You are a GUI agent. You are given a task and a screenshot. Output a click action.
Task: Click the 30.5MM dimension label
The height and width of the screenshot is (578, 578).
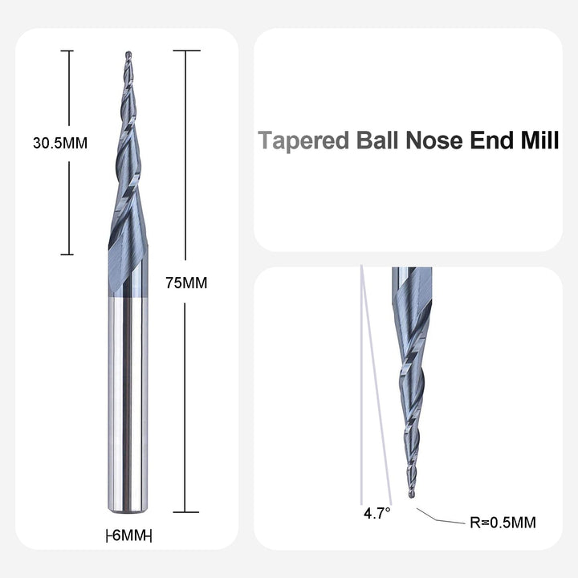coord(60,143)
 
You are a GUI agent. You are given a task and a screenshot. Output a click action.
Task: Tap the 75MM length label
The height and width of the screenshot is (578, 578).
coord(186,283)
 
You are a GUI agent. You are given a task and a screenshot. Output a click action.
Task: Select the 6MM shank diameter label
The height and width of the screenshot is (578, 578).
coord(128,535)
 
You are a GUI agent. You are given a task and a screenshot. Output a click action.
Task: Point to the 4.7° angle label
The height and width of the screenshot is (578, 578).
coord(377,514)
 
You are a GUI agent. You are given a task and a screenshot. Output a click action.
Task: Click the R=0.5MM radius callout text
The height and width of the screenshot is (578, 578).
coord(503,523)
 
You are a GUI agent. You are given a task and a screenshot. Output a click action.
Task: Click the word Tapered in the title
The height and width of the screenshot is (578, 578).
coord(303,140)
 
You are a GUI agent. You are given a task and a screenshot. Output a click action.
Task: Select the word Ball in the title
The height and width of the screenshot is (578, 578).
coord(377,140)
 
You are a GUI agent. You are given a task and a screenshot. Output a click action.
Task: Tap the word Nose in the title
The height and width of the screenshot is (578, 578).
coord(433,140)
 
